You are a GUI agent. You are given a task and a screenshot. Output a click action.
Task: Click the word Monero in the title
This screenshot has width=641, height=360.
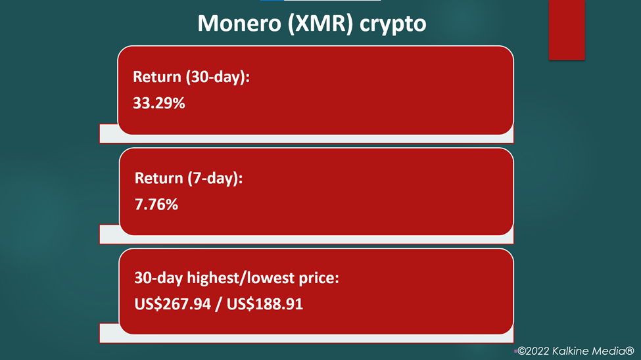[239, 23]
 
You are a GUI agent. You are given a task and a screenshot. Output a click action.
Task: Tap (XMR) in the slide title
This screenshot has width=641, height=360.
[320, 24]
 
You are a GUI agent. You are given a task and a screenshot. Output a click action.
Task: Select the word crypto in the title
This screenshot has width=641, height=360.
[393, 25]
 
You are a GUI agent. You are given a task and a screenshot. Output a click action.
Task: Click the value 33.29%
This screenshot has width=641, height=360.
[159, 103]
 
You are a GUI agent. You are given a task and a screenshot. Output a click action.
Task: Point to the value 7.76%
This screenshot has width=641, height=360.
[156, 204]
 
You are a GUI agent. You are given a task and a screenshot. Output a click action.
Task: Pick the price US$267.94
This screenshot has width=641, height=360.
[172, 304]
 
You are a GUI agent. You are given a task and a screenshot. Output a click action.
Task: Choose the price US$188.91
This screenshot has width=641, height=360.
[265, 304]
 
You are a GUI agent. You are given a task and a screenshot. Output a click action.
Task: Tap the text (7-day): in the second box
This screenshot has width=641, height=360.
[215, 179]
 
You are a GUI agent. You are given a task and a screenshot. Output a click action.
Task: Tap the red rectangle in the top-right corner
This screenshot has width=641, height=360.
[567, 30]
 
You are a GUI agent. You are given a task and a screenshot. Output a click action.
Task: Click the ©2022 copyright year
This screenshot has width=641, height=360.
[533, 351]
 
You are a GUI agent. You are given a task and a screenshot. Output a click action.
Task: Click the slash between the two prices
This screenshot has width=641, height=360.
[219, 304]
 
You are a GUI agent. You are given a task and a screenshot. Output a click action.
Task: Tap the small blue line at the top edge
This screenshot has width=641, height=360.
[272, 1]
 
